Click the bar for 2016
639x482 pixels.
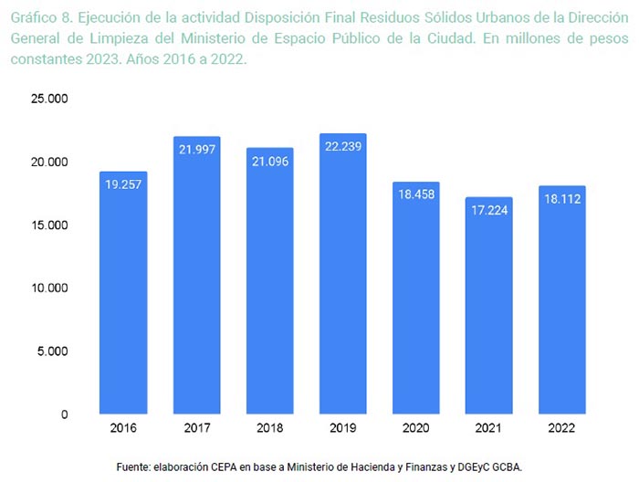[122, 292]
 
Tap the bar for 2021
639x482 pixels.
[488, 306]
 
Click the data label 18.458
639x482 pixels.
[415, 195]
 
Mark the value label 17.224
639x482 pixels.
[488, 211]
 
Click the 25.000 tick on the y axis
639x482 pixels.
[51, 99]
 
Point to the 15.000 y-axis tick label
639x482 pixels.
[51, 225]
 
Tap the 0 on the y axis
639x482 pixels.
[65, 414]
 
